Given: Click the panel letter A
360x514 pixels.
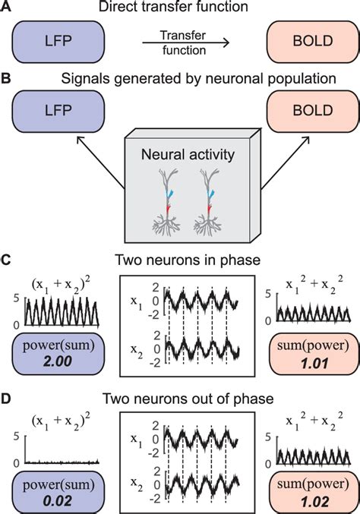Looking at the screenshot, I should (7, 9).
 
